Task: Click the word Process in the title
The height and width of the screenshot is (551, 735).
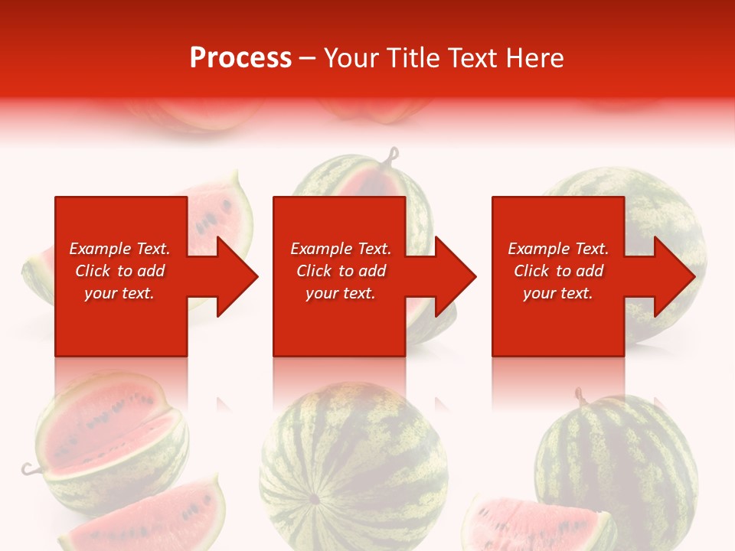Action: click(240, 58)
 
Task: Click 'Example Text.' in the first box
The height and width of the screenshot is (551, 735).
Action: click(119, 249)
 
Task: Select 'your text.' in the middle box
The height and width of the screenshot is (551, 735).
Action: click(340, 293)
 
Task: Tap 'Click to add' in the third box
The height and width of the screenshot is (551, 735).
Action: click(558, 271)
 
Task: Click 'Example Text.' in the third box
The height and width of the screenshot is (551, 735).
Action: click(558, 249)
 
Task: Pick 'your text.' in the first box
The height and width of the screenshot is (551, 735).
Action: click(119, 293)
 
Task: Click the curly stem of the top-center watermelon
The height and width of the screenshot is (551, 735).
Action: click(394, 157)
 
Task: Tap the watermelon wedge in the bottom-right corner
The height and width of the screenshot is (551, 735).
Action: click(536, 524)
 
